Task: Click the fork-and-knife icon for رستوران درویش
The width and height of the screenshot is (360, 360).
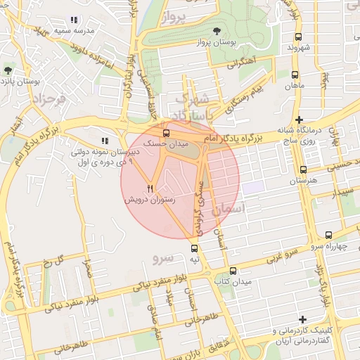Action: point(150,188)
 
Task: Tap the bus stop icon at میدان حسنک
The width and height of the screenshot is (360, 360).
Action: point(167,132)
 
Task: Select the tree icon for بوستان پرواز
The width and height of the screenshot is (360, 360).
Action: point(217,31)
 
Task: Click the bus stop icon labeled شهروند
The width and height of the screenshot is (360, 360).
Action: point(298,37)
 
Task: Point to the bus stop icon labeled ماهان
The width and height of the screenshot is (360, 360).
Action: point(293,73)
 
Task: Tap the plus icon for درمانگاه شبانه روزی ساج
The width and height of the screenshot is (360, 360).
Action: point(300,120)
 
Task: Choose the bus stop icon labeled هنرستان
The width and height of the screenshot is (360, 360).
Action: point(303,169)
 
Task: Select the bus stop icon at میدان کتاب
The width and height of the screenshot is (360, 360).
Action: point(233,271)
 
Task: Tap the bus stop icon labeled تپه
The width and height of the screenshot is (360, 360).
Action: point(195,248)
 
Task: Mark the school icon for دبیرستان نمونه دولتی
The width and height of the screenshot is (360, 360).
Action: point(105,141)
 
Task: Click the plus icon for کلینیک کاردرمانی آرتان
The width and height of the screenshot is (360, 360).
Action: point(302,320)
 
